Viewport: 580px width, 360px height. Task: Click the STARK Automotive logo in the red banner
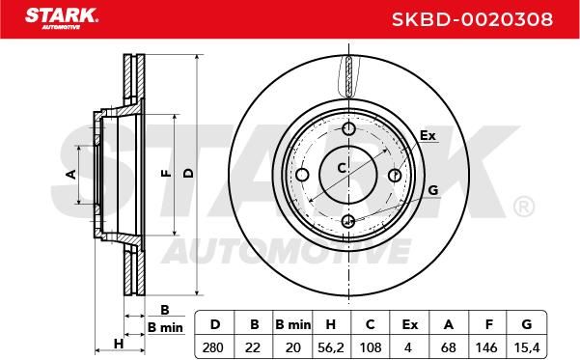[x=62, y=18]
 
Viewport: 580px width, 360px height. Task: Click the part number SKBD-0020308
[x=472, y=19]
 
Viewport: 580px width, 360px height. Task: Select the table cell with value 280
[x=213, y=347]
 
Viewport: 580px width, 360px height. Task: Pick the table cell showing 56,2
[x=331, y=347]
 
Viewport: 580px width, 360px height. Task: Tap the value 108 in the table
[x=371, y=347]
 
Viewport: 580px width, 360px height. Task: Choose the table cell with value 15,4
[x=527, y=347]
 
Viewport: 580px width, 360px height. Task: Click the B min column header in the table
[x=293, y=324]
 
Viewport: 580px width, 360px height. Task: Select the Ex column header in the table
[x=410, y=324]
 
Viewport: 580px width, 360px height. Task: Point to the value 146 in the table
[x=486, y=347]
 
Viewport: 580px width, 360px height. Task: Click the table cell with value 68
[x=449, y=347]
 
